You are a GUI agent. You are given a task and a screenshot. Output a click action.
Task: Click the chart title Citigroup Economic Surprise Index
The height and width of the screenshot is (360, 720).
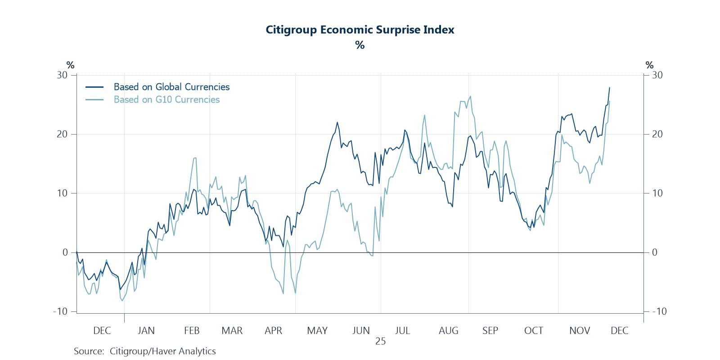[x=360, y=30]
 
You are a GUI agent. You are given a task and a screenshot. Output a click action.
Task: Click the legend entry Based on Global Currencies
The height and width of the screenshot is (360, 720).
[x=171, y=87]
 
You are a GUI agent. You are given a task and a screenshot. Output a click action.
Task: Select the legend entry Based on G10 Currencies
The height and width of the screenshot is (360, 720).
[x=166, y=99]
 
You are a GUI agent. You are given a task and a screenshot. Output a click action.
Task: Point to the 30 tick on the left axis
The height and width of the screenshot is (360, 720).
[x=62, y=75]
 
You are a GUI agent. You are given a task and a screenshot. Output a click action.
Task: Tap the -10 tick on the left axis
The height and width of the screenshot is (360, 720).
[x=60, y=311]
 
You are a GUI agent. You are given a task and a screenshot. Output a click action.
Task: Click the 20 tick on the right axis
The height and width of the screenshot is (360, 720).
[x=657, y=134]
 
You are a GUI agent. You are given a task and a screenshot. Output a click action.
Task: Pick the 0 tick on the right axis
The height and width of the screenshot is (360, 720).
[x=655, y=252]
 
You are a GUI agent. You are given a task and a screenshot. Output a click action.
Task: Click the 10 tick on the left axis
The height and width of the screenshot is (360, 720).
[x=62, y=193]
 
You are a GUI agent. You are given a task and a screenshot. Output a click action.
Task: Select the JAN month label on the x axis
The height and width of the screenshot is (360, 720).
[x=146, y=331]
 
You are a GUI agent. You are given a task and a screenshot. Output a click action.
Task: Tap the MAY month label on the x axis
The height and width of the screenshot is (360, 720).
[x=317, y=331]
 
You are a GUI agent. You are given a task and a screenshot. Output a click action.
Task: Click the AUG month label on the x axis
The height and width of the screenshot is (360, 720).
[x=448, y=331]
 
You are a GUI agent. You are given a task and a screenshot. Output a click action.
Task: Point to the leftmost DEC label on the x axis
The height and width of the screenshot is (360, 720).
[x=102, y=331]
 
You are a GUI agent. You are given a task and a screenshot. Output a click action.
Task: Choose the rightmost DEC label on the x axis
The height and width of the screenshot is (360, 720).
[x=619, y=331]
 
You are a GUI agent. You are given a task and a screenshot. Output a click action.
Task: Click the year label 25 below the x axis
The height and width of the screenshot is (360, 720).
[x=380, y=342]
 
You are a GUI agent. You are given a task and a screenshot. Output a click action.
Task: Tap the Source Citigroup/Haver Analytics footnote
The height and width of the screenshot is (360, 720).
[x=145, y=351]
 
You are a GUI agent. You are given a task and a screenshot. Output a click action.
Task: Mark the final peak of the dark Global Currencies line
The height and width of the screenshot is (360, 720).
[x=609, y=88]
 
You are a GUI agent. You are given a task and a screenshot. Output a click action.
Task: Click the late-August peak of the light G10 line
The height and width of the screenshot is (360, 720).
[x=470, y=96]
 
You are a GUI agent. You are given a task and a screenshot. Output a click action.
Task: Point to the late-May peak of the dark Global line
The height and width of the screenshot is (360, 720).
[x=337, y=122]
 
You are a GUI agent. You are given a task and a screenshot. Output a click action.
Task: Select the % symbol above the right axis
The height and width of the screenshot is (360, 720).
[x=649, y=65]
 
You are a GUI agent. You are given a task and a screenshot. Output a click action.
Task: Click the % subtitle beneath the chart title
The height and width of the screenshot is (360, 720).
[x=360, y=45]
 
